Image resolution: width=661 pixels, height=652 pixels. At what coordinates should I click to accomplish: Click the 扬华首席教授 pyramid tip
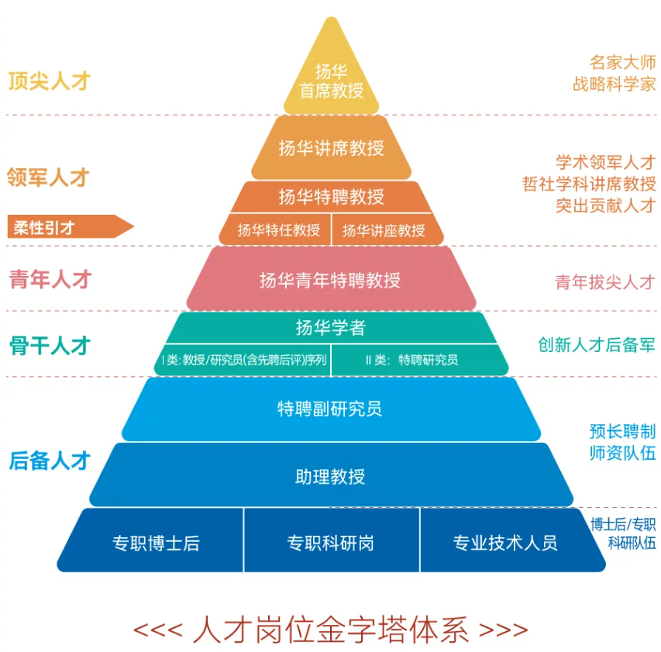[x=331, y=81]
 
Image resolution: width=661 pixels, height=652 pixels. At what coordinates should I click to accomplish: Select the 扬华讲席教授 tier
[x=331, y=147]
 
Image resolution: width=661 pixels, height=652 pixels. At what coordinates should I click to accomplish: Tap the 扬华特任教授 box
[x=278, y=230]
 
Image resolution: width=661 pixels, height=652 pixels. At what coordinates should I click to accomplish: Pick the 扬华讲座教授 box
[x=384, y=230]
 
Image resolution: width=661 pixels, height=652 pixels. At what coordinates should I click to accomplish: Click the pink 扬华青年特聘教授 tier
[x=331, y=279]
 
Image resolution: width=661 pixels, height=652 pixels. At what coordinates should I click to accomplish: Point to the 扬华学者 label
[x=331, y=327]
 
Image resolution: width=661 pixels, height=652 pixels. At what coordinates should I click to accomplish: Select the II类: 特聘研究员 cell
[x=411, y=360]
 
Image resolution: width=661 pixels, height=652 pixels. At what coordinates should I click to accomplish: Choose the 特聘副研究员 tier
[x=331, y=409]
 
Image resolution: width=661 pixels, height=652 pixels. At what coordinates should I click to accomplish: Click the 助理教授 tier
[x=331, y=475]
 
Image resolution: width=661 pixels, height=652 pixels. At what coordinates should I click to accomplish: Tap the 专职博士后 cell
[x=156, y=543]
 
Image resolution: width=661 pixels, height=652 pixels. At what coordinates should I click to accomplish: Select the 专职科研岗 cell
[x=331, y=543]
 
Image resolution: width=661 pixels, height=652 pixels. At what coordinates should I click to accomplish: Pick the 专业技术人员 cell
[x=505, y=543]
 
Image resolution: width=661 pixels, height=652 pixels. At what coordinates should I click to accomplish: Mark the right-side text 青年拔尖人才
[x=604, y=281]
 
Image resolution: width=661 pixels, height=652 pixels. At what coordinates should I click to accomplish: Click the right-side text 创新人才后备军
[x=597, y=345]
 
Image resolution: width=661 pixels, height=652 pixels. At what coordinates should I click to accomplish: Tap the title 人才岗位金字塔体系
[x=331, y=628]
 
